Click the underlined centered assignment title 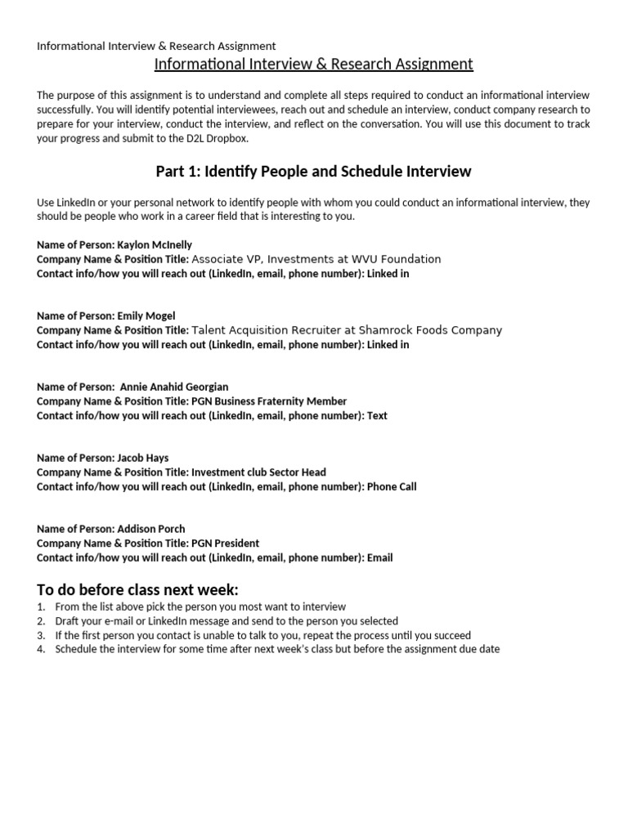click(313, 64)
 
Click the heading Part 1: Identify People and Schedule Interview click(313, 172)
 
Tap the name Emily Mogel click(146, 316)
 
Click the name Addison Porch click(151, 529)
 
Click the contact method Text click(377, 416)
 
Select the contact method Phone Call click(392, 487)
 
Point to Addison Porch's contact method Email click(379, 558)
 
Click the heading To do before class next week click(137, 590)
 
